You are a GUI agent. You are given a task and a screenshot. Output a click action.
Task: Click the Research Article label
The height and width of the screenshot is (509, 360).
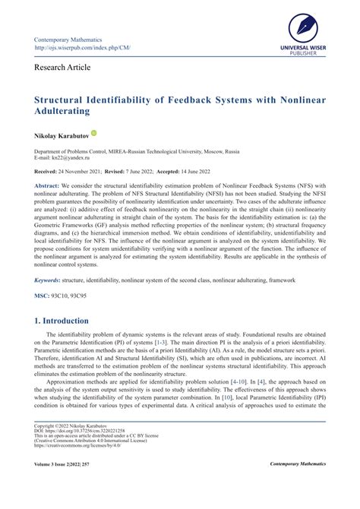[62, 68]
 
